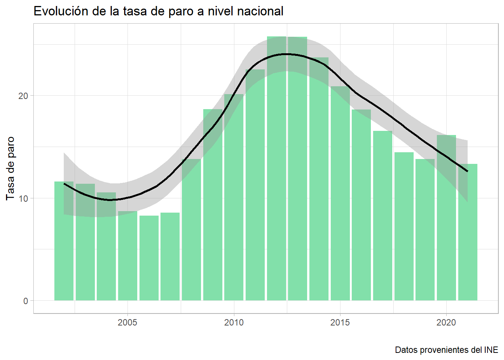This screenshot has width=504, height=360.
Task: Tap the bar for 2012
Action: tap(276, 169)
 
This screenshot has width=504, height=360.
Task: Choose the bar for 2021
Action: tap(468, 232)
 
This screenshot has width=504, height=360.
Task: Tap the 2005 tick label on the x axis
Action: tap(127, 322)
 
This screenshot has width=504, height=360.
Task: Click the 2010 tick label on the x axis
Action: tap(234, 322)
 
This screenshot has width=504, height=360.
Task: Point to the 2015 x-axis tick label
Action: tap(340, 322)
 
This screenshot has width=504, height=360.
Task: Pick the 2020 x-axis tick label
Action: tap(446, 322)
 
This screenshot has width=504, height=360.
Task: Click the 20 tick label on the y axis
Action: tap(23, 96)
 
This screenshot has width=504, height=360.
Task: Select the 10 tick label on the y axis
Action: tap(23, 198)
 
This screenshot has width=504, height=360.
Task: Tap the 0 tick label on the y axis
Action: tap(25, 301)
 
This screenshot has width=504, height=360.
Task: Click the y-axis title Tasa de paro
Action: tap(10, 168)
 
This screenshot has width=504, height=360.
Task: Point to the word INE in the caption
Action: tap(491, 350)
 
